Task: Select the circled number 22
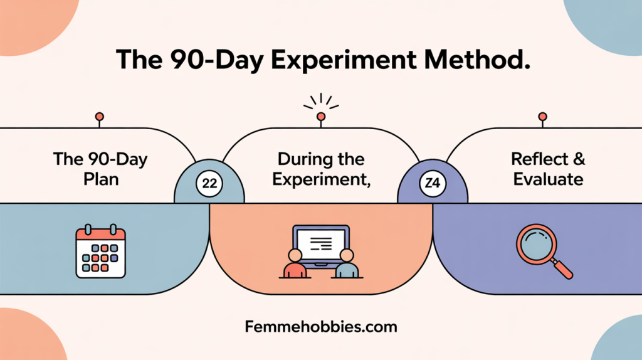[209, 183]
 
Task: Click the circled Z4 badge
[433, 183]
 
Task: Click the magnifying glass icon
[544, 251]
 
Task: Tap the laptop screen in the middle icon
[321, 244]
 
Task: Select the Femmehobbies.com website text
[321, 327]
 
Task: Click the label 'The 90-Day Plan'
[100, 169]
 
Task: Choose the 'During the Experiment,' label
[322, 169]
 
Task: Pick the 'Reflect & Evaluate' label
[548, 169]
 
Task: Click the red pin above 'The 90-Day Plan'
[100, 117]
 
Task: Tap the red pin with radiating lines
[321, 117]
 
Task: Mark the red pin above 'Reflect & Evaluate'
[542, 117]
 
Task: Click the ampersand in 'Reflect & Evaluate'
[579, 159]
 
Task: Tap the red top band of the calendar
[101, 235]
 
